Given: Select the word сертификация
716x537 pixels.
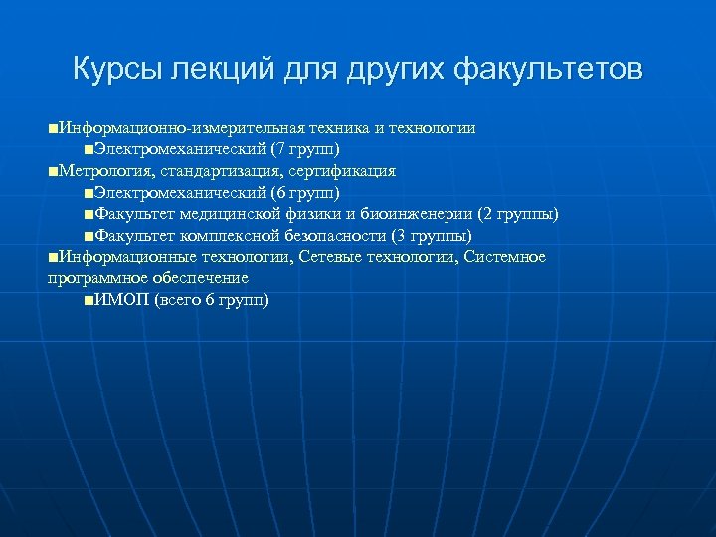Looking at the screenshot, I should coord(340,171).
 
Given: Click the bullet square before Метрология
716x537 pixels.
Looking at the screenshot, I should coord(52,172).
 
